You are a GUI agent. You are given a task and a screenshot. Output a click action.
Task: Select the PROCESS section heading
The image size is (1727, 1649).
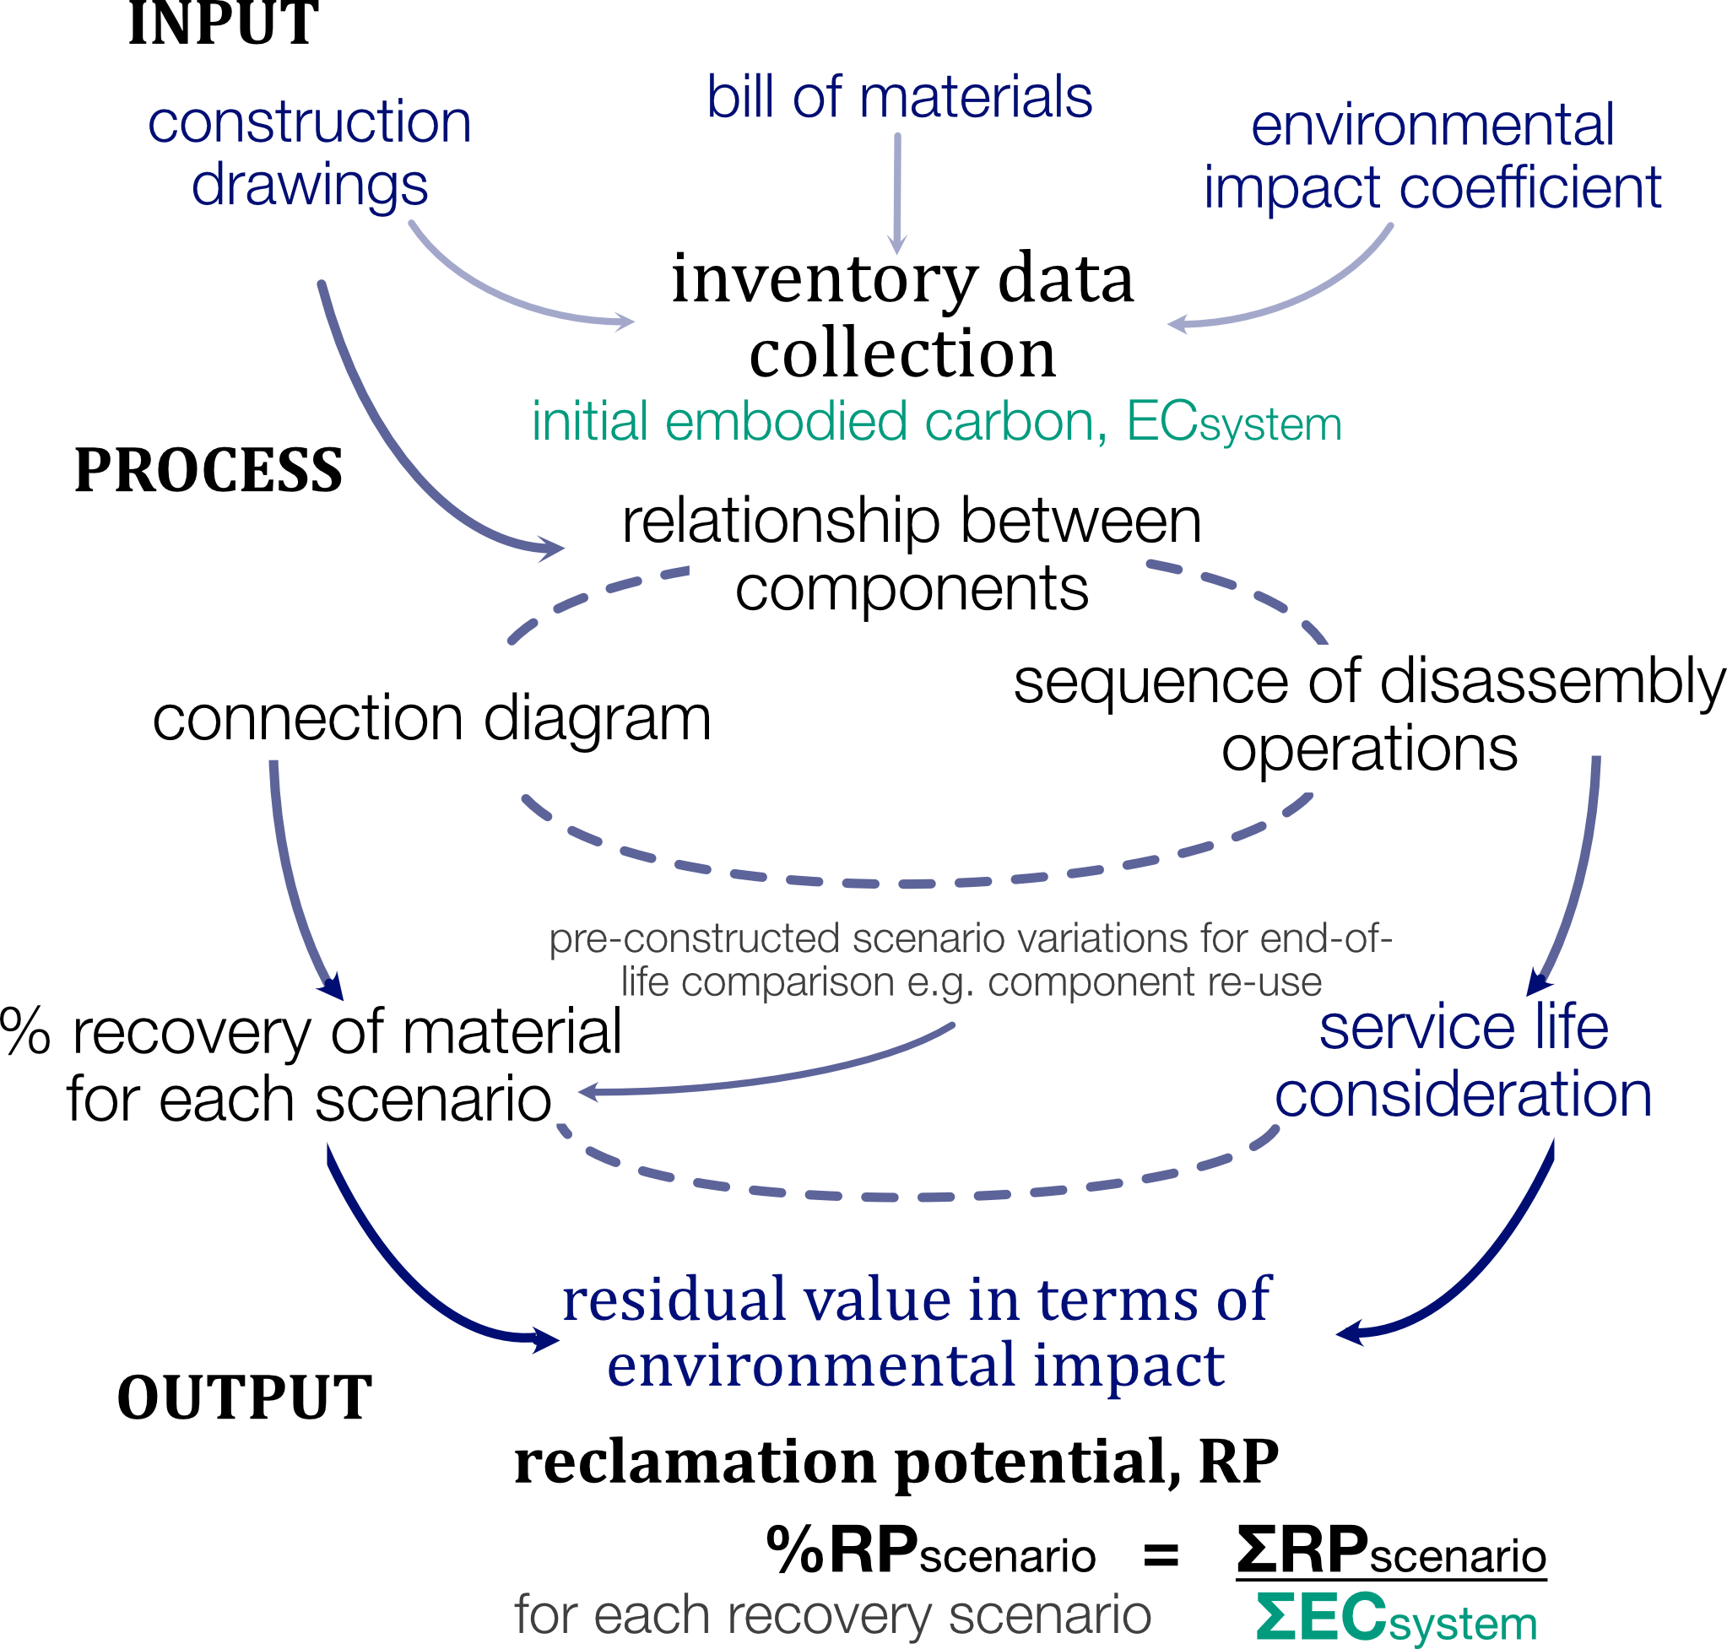pos(208,470)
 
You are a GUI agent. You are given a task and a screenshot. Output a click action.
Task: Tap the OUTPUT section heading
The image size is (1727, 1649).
pos(245,1398)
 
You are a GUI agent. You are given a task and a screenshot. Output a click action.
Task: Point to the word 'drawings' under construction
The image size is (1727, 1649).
pos(310,187)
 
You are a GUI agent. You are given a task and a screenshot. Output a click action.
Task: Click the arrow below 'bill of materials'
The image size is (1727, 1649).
pos(898,193)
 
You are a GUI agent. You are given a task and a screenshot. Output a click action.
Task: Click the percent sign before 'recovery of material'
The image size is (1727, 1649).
pos(25,1032)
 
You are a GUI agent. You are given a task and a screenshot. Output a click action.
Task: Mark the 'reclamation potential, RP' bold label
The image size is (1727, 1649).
pos(896,1462)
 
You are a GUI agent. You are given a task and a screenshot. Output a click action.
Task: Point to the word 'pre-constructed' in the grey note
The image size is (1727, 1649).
pos(695,939)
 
